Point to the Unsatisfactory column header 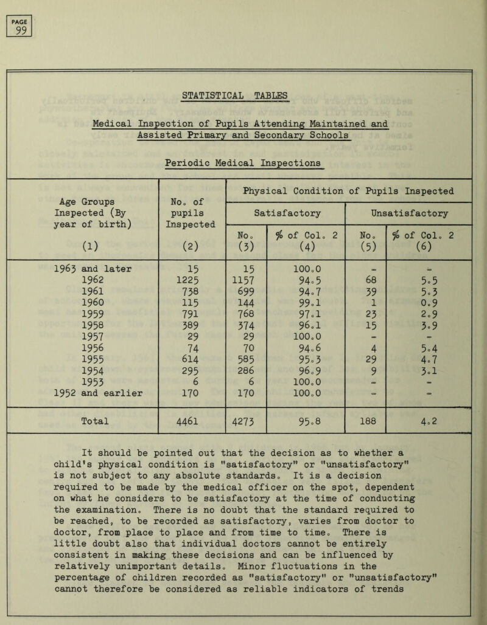pyautogui.click(x=407, y=213)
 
